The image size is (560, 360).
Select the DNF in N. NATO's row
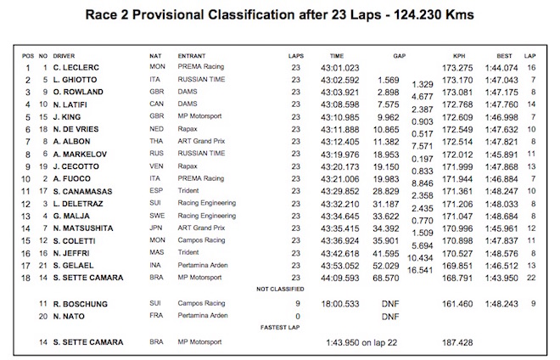pos(391,315)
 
